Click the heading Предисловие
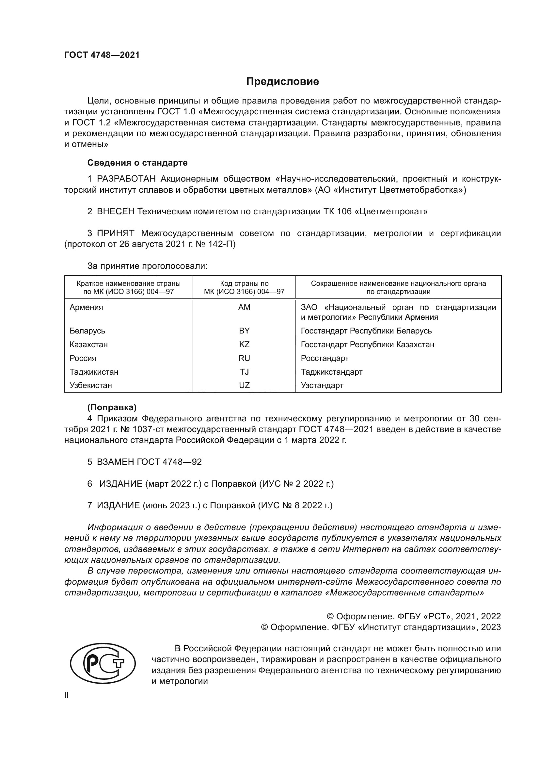tap(282, 82)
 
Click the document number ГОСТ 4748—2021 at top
tap(102, 55)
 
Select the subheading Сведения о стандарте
tap(137, 163)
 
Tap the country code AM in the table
tap(244, 307)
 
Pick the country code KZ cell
tap(244, 344)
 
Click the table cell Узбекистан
tap(90, 385)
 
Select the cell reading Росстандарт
tap(325, 358)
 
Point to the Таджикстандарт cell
tap(331, 372)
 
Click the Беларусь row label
tap(87, 331)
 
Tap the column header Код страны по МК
tap(244, 287)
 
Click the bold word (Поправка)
tap(112, 407)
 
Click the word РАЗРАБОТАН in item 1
tap(126, 179)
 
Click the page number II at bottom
tap(67, 695)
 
